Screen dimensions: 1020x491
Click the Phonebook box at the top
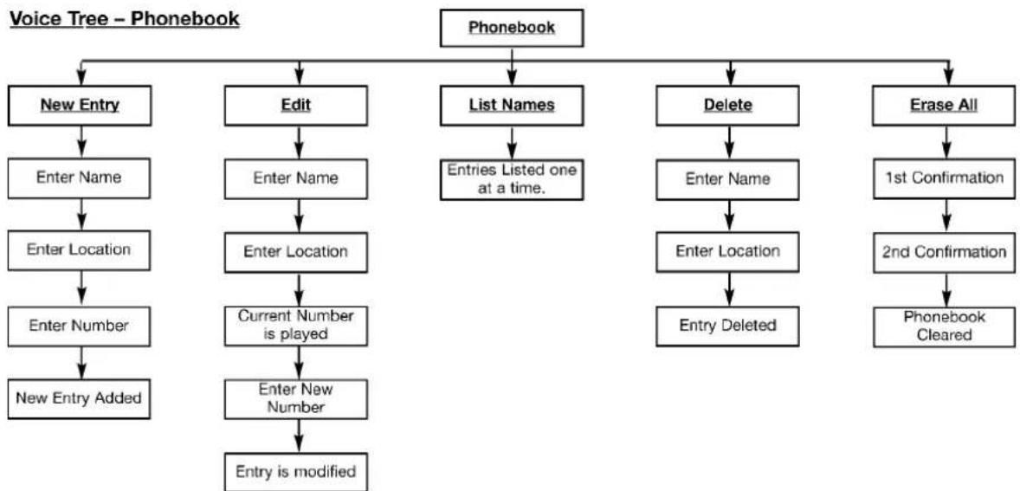point(512,28)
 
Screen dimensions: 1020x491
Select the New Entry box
point(80,106)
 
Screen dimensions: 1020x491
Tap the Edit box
point(296,106)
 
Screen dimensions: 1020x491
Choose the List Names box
point(512,106)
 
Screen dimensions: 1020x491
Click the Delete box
point(728,106)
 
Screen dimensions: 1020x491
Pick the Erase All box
point(944,106)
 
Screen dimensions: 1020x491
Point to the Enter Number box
point(80,326)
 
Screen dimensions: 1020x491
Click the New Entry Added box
point(80,398)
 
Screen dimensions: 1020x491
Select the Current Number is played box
point(296,326)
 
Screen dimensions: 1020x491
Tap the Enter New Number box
point(296,398)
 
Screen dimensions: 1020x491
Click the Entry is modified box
point(296,471)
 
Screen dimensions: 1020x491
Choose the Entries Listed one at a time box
point(512,179)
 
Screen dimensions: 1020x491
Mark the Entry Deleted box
point(728,326)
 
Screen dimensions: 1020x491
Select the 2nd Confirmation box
point(944,252)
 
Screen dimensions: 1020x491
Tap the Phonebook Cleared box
point(944,326)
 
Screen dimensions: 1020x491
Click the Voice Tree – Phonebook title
point(124,20)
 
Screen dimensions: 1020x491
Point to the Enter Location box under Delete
point(728,252)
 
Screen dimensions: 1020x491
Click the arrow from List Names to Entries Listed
point(512,143)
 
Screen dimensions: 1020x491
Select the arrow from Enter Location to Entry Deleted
point(728,289)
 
